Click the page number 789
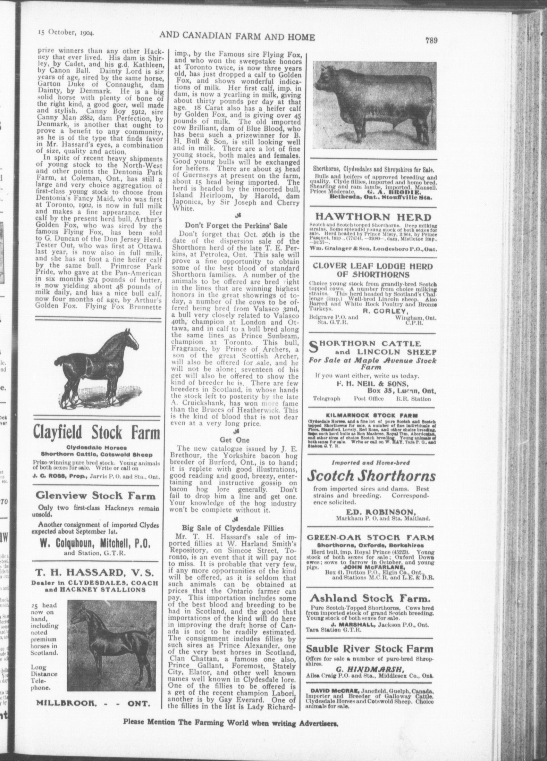431,40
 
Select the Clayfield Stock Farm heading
96,434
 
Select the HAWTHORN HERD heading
372,217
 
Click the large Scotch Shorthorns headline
371,476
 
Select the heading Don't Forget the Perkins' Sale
236,225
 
